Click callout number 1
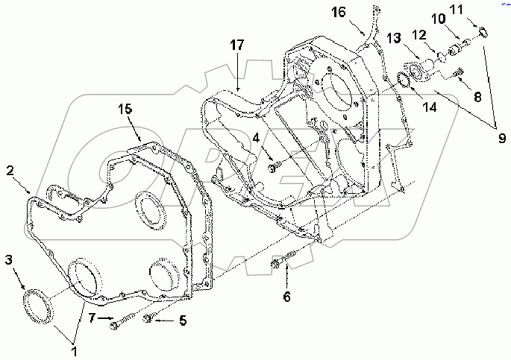74,348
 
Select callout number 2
10,170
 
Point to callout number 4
256,138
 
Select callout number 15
125,109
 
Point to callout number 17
236,45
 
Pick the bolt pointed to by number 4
274,168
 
